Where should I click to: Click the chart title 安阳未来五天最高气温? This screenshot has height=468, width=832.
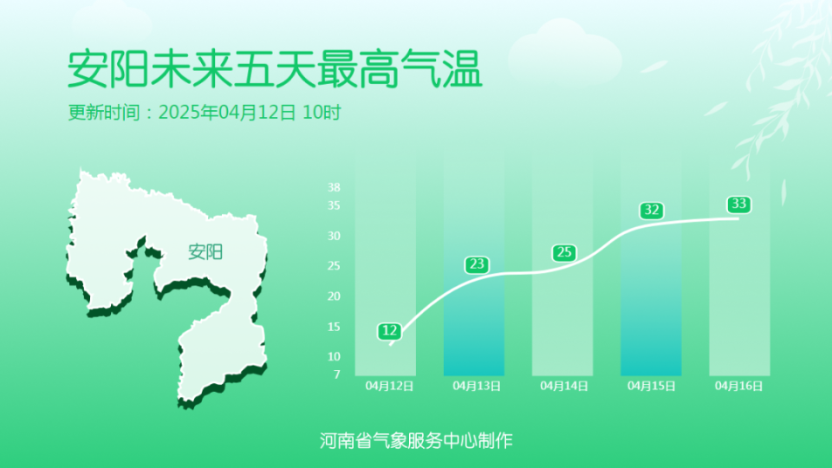(274, 70)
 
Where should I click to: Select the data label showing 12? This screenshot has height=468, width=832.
(389, 331)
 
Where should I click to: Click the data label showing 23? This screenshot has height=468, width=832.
(477, 264)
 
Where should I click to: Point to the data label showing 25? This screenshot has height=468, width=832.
(564, 253)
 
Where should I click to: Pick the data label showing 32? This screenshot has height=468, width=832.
(652, 211)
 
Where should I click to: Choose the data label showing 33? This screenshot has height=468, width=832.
(738, 205)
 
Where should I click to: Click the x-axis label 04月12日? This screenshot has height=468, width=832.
(389, 387)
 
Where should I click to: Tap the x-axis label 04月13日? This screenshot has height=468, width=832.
(477, 387)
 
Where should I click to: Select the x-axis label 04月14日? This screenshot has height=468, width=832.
(564, 387)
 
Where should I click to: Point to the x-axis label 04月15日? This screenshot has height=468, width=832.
(651, 387)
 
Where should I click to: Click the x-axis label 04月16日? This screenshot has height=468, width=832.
(738, 387)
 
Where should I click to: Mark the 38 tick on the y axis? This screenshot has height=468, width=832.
(335, 187)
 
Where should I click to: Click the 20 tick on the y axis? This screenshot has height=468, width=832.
(335, 296)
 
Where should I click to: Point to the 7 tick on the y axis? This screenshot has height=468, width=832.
(336, 374)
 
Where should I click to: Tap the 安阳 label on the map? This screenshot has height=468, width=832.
(205, 252)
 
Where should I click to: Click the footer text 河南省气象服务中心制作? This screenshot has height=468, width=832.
(416, 440)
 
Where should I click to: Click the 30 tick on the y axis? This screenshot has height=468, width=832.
(335, 236)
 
